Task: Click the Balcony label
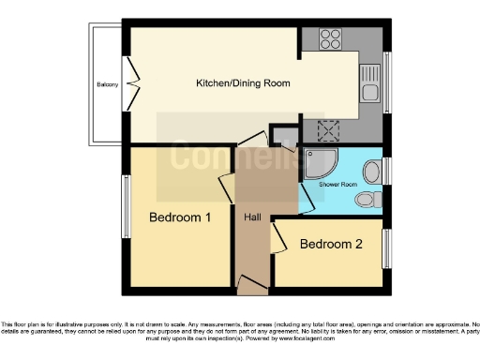107,85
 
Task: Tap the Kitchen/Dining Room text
243,83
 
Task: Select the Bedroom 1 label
180,217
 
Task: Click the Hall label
252,217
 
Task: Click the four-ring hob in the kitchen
330,39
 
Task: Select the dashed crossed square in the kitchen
330,130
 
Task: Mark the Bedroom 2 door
277,240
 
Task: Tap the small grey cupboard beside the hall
282,135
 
